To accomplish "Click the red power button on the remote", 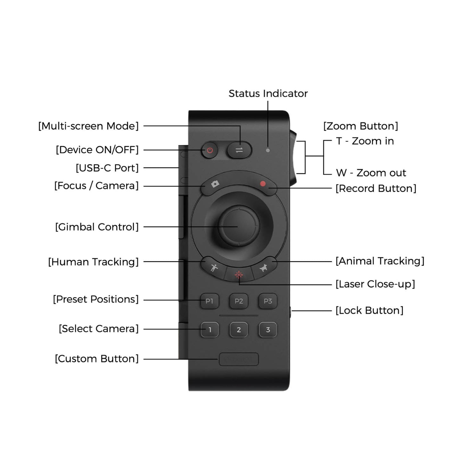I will (x=210, y=150).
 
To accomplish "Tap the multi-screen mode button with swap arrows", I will (x=239, y=150).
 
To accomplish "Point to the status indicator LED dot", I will (x=268, y=150).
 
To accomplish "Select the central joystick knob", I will (x=239, y=226).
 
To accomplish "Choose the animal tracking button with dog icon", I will (x=264, y=267).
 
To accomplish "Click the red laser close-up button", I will (x=239, y=275).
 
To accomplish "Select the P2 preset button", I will (x=239, y=301).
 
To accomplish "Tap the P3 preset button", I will (x=268, y=301).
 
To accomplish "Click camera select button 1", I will (x=210, y=330).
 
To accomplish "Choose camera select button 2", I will (x=239, y=330).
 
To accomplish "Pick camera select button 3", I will (x=268, y=330).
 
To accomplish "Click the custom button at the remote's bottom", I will (x=239, y=360).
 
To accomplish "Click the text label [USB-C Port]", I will (x=107, y=168).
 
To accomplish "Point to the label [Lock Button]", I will (x=369, y=310).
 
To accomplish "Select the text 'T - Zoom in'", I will (x=365, y=141).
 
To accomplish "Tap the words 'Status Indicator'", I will (x=268, y=94).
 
